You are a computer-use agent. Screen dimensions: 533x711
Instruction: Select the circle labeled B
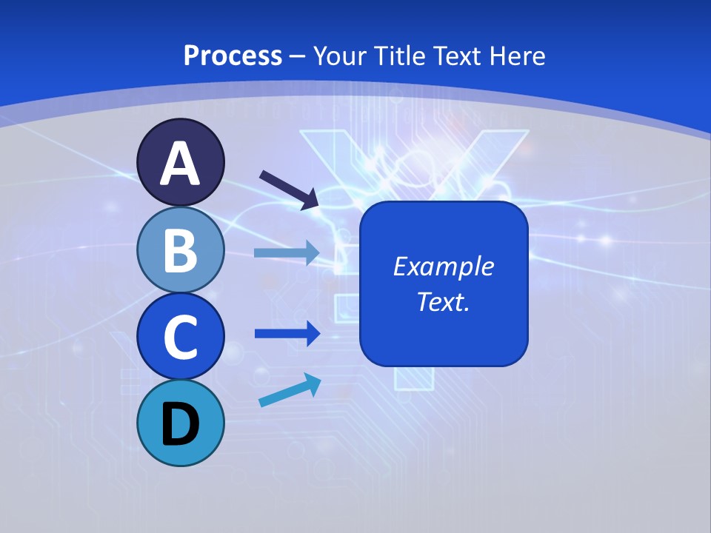coord(181,250)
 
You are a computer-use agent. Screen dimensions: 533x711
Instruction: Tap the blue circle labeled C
coord(181,337)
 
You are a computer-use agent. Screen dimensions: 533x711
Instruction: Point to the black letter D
coord(181,424)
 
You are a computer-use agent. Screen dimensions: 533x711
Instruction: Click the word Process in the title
coord(233,56)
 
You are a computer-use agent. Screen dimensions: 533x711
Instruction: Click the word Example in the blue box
coord(443,266)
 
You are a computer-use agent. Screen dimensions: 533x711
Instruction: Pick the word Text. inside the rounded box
coord(443,301)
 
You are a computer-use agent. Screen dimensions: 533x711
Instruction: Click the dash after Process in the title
coord(298,56)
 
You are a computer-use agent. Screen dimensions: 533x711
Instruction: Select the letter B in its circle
coord(181,250)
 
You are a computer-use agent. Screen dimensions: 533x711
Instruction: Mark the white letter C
coord(181,337)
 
